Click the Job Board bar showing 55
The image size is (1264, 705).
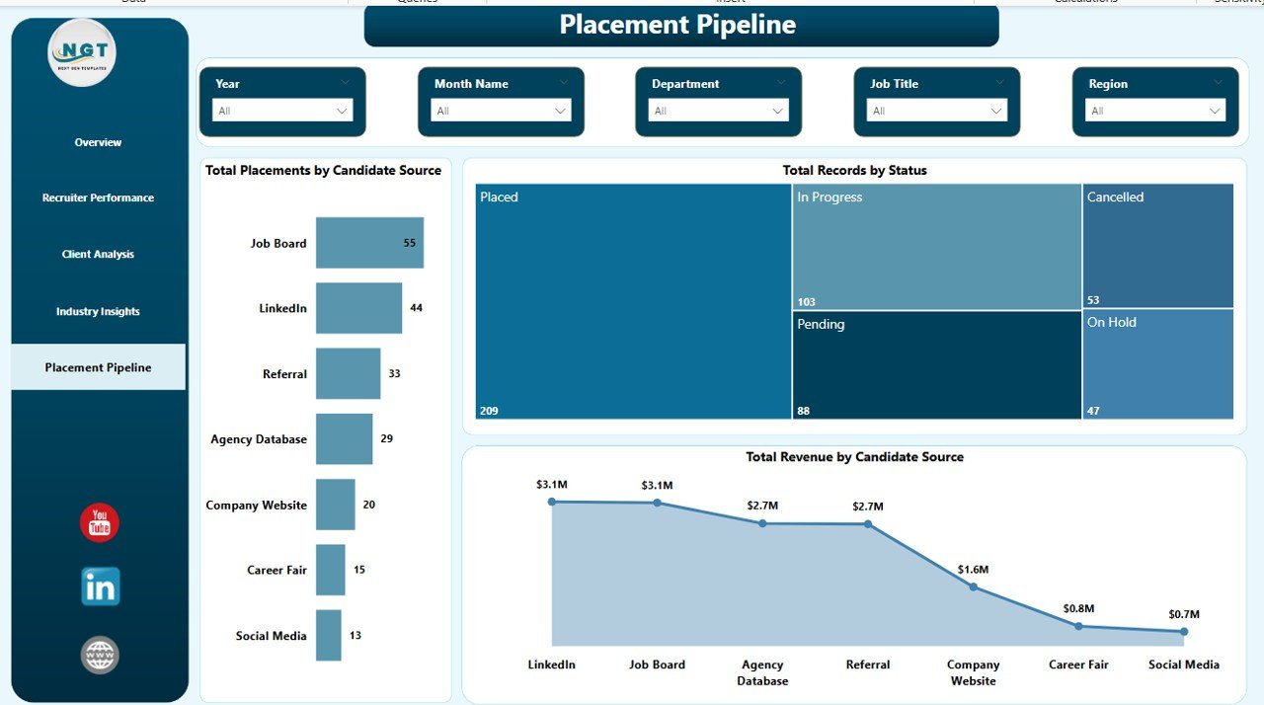(x=369, y=243)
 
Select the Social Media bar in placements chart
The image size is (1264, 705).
(x=328, y=636)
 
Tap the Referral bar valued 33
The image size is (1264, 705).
(x=348, y=373)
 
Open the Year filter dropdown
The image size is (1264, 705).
(x=282, y=111)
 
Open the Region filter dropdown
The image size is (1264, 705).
(x=1154, y=111)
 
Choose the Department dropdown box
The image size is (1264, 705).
(x=718, y=111)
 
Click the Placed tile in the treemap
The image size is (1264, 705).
(x=633, y=301)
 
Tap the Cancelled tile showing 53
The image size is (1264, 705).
(x=1157, y=246)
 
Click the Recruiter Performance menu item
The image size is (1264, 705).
(x=98, y=197)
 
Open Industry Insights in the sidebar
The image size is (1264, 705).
(x=98, y=311)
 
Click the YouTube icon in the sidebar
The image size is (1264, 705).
(x=100, y=522)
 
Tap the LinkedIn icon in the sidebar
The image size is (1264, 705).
(x=100, y=587)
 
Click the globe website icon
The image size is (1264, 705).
(x=100, y=655)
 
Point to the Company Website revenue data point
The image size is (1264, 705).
(x=973, y=587)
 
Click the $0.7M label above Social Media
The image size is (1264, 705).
(x=1183, y=614)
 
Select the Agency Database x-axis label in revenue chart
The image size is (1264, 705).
(x=762, y=672)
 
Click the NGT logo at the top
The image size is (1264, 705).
(x=82, y=53)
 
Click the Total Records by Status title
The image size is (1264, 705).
(x=854, y=170)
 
